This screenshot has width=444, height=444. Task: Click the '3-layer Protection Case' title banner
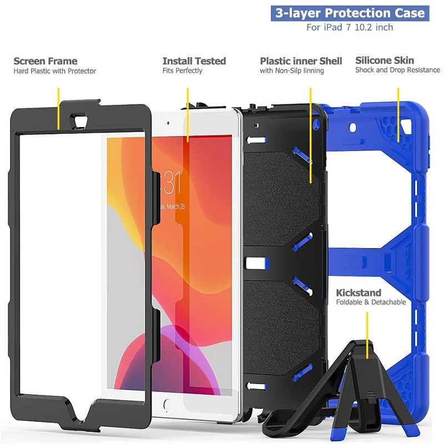tap(350, 13)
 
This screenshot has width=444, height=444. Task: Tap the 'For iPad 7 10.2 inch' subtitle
tap(350, 27)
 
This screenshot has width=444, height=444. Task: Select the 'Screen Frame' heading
tap(46, 61)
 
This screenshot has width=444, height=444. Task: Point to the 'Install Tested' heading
tap(194, 61)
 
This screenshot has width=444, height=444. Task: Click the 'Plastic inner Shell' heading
tap(301, 61)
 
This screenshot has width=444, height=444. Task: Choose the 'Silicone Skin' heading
tap(385, 60)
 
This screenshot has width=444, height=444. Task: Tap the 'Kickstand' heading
tap(359, 292)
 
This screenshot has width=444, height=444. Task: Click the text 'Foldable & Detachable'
tap(371, 302)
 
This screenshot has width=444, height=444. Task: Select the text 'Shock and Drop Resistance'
tap(397, 70)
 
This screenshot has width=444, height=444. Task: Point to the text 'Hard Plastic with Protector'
tap(54, 71)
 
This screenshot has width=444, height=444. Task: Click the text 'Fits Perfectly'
tap(183, 71)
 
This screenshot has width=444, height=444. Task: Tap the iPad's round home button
tap(168, 405)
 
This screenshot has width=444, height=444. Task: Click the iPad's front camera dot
tap(168, 123)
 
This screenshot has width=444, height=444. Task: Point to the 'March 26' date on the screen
tap(175, 206)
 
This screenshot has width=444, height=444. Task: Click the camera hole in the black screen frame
tap(78, 118)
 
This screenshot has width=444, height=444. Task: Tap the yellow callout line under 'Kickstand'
tap(367, 336)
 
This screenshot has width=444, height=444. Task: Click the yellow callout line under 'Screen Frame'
tap(59, 109)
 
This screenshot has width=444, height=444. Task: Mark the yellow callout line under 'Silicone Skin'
tap(398, 115)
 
